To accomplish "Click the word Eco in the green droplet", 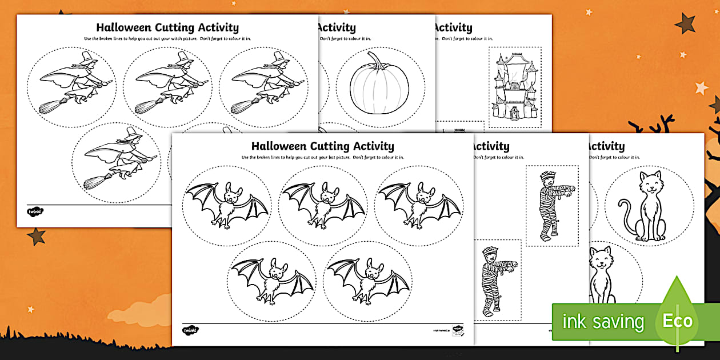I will pos(678,321).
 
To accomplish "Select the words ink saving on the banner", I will pos(603,322).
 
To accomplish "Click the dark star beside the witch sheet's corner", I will pos(36,235).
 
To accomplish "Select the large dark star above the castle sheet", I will pos(685,23).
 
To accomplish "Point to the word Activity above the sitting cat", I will pos(607,146).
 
